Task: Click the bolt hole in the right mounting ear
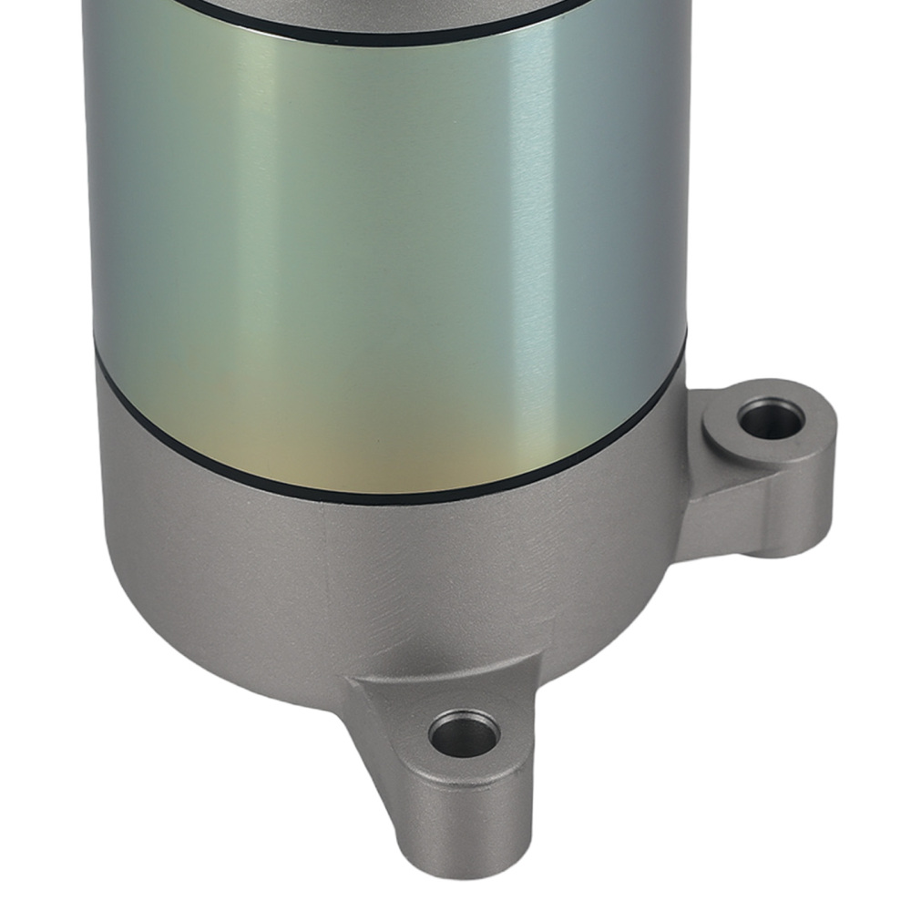[x=763, y=421]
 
